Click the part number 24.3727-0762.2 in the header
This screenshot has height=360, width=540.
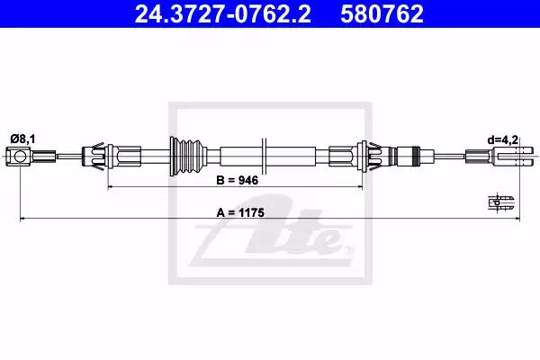[x=223, y=14]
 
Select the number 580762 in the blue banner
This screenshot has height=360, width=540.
[x=382, y=14]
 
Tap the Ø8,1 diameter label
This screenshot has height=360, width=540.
[x=22, y=139]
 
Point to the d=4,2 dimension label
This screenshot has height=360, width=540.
[x=503, y=139]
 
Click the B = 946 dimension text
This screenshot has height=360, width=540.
[x=237, y=180]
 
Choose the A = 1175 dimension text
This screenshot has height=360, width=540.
[x=240, y=212]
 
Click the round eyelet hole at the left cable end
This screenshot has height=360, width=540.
[x=20, y=157]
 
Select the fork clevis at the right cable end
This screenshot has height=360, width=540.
[x=514, y=156]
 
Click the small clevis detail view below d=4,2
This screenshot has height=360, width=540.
[x=501, y=202]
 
